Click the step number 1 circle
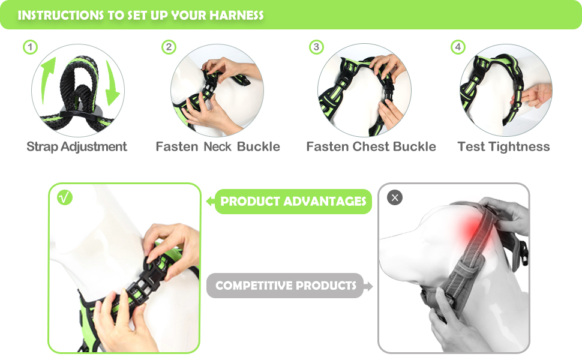click(31, 47)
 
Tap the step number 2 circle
click(169, 47)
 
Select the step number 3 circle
click(316, 47)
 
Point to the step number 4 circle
click(458, 47)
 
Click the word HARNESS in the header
click(236, 15)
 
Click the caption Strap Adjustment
click(77, 146)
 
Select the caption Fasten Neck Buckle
click(218, 146)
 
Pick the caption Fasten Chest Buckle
click(371, 146)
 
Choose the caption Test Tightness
click(503, 146)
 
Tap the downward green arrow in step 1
click(112, 83)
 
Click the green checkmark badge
click(65, 197)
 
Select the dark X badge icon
click(395, 197)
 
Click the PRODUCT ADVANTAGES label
click(293, 202)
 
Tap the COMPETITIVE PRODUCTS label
click(286, 286)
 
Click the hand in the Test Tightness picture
click(533, 95)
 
